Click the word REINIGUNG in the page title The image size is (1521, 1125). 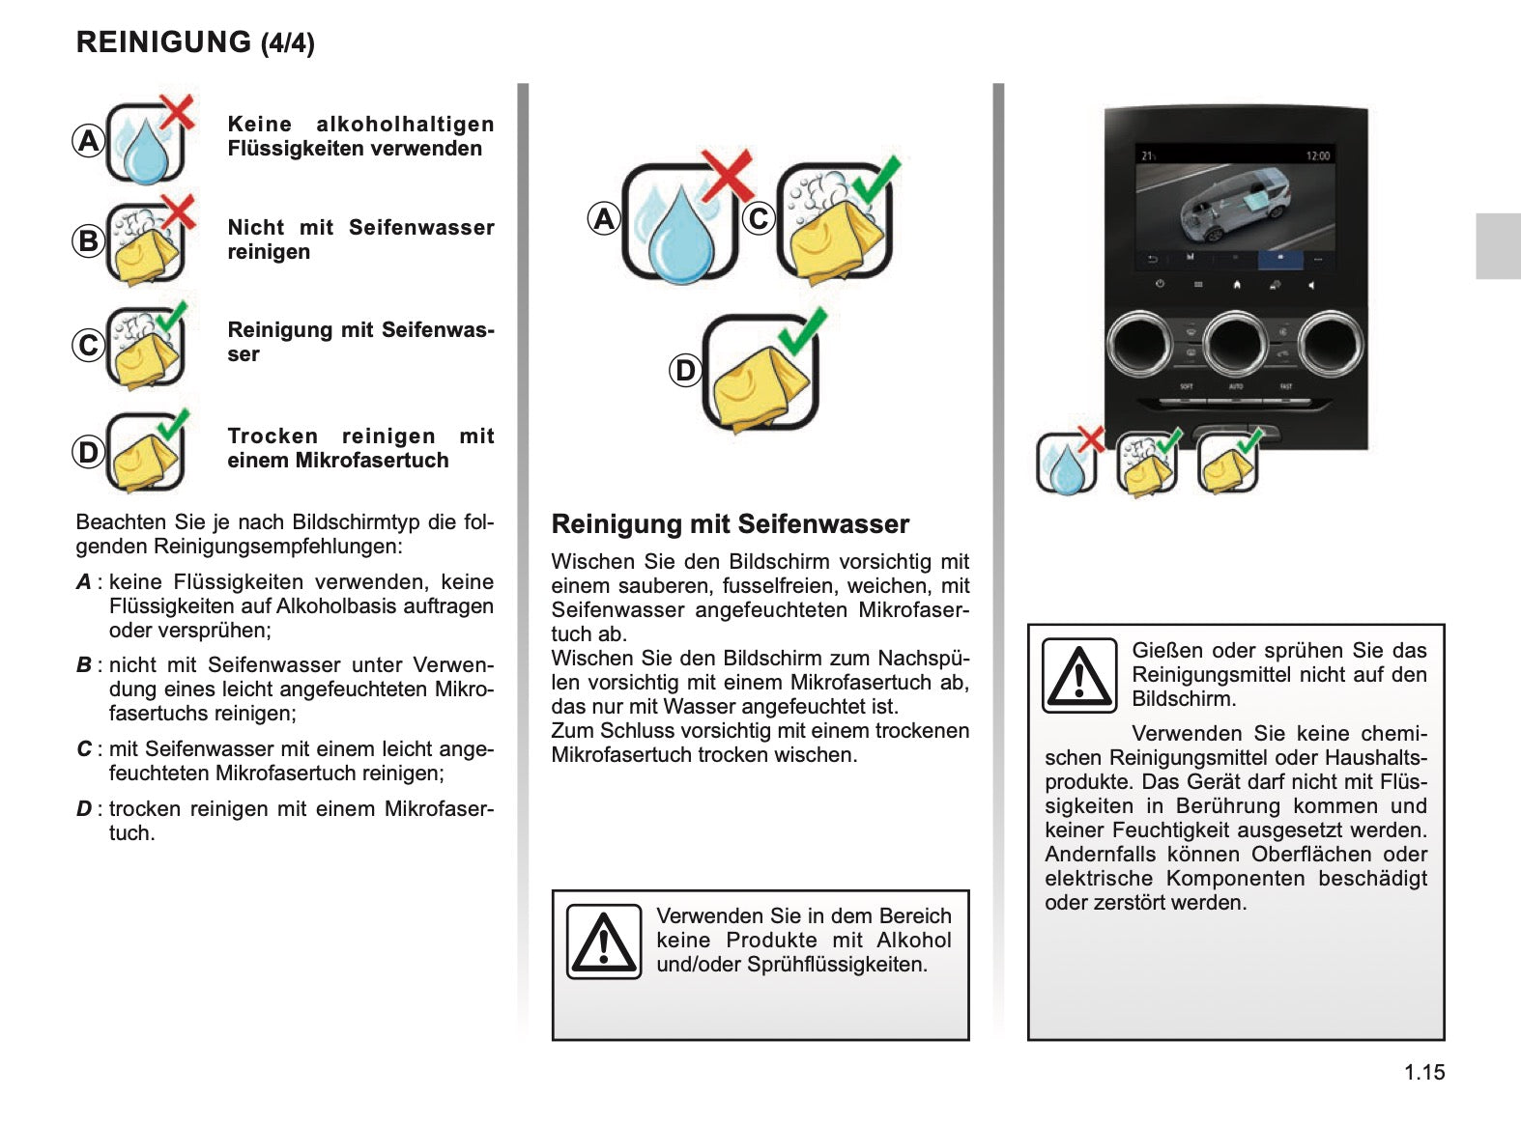pyautogui.click(x=163, y=42)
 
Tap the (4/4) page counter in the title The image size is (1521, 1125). pyautogui.click(x=288, y=43)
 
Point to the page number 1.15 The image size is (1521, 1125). pyautogui.click(x=1424, y=1072)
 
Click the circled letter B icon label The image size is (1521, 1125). pyautogui.click(x=88, y=240)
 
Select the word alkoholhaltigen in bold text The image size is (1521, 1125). pyautogui.click(x=405, y=125)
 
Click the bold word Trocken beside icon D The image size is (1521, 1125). pyautogui.click(x=273, y=436)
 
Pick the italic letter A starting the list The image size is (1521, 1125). pyautogui.click(x=84, y=582)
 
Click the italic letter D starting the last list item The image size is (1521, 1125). pyautogui.click(x=84, y=809)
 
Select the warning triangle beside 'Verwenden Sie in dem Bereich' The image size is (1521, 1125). pyautogui.click(x=604, y=942)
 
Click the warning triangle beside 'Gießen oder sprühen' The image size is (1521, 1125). pyautogui.click(x=1079, y=675)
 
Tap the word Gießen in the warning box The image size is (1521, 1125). pyautogui.click(x=1167, y=651)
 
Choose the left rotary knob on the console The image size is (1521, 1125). pyautogui.click(x=1140, y=343)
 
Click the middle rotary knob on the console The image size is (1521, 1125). pyautogui.click(x=1236, y=343)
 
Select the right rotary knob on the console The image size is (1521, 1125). pyautogui.click(x=1331, y=343)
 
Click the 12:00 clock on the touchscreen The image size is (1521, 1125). pyautogui.click(x=1317, y=155)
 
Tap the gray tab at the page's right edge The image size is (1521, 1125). pyautogui.click(x=1498, y=246)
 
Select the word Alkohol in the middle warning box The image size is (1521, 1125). pyautogui.click(x=913, y=941)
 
